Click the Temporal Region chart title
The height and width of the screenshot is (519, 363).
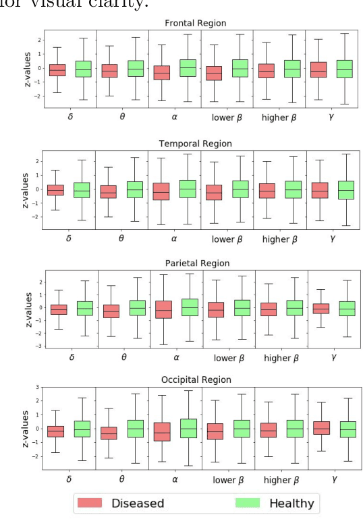point(194,144)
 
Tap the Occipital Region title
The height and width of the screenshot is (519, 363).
point(194,380)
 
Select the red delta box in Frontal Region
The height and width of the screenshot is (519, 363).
point(57,70)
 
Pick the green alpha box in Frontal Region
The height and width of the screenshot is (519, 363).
point(188,67)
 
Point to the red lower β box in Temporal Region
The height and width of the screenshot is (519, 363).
point(215,192)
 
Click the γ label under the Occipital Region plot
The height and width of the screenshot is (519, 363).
point(333,480)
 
